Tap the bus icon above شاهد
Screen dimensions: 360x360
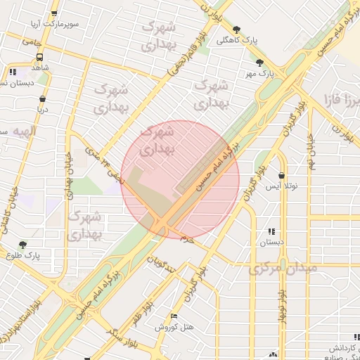(39, 57)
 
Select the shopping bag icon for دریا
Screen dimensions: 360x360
(43, 98)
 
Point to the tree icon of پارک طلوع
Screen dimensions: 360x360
(23, 245)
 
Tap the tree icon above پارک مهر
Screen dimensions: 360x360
(259, 63)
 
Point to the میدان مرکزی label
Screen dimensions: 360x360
(283, 268)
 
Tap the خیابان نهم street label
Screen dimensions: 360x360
(309, 148)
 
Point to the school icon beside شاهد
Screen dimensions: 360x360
(13, 72)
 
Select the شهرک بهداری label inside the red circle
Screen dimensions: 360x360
(157, 140)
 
